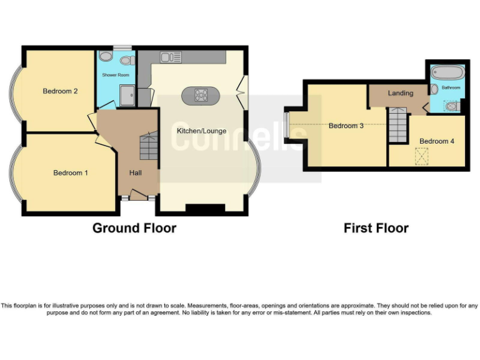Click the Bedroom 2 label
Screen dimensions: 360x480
coord(60,91)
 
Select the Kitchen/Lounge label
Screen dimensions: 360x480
coord(201,131)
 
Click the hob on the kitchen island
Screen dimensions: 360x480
coord(201,96)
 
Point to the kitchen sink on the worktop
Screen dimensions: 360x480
coord(170,57)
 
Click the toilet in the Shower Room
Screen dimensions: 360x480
coord(127,61)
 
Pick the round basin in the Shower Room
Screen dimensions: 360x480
coord(106,57)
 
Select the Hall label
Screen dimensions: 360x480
coord(136,172)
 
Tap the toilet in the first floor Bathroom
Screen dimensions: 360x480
coord(452,106)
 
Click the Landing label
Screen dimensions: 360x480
coord(400,93)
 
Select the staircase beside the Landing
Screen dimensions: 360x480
coord(397,123)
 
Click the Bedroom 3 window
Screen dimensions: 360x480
coord(286,125)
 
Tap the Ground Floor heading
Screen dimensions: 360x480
coord(134,228)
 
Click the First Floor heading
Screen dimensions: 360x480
coord(376,228)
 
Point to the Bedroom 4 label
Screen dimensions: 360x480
coord(436,141)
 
